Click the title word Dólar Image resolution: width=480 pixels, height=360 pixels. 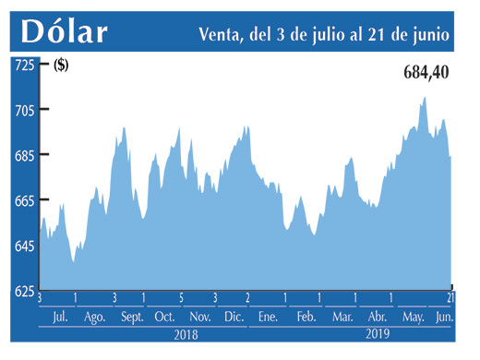point(64,32)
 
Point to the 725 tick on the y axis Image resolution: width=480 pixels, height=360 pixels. point(23,65)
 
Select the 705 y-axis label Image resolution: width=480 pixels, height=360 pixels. point(23,110)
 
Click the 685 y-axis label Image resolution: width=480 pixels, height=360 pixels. point(23,155)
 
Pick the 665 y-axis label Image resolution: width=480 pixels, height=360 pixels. point(23,200)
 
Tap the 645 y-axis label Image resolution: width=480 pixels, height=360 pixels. point(23,246)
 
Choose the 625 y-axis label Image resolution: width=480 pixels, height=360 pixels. point(23,291)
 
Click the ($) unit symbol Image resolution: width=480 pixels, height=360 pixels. point(61,65)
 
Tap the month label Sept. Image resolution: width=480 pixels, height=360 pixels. point(131,318)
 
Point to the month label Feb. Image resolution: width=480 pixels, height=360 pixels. point(306,318)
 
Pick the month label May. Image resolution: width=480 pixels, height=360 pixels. point(413,318)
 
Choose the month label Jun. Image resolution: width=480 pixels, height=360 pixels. point(444,318)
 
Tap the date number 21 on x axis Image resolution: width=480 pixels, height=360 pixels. point(451,298)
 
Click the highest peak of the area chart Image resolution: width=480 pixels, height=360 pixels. point(425,97)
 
